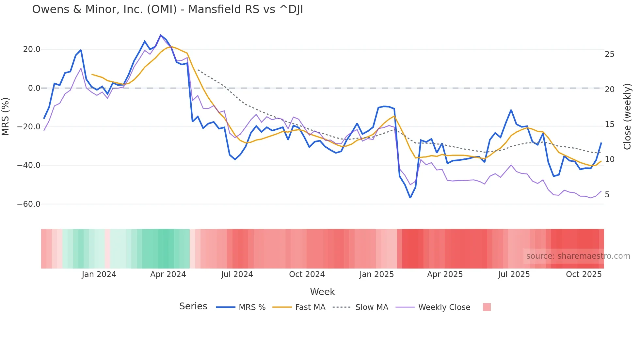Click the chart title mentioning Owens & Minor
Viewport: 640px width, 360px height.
point(168,9)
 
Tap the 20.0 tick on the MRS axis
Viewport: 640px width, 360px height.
point(32,49)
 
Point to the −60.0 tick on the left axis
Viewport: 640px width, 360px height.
point(29,204)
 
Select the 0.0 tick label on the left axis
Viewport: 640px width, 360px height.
point(34,88)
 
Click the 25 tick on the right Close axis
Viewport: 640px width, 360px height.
point(609,54)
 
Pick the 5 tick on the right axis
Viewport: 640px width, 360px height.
point(607,195)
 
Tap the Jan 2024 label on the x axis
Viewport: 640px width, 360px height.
point(99,274)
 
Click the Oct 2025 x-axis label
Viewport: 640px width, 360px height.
point(584,274)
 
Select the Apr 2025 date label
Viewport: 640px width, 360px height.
point(445,274)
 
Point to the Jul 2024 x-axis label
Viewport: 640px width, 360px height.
point(237,274)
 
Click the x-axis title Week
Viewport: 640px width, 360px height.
point(322,292)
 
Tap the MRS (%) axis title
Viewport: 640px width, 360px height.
point(6,116)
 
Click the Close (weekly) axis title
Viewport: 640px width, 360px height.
point(627,117)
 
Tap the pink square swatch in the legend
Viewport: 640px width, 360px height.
point(487,307)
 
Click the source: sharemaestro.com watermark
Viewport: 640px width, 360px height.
point(578,256)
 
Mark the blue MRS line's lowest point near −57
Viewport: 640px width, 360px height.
point(410,198)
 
